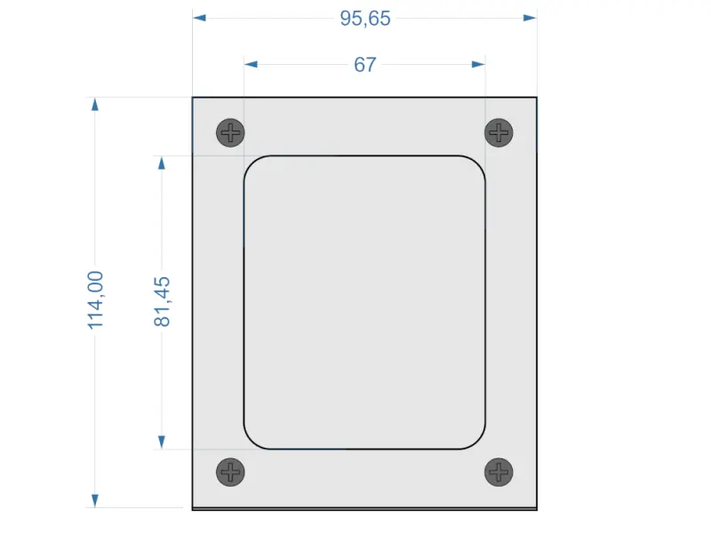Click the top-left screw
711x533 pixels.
[x=231, y=133]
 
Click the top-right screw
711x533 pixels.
[x=499, y=133]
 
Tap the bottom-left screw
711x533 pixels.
[x=231, y=472]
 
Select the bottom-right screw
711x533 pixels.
[x=499, y=472]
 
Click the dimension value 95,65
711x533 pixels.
[x=364, y=18]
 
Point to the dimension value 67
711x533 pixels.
[x=364, y=65]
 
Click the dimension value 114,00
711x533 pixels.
[x=96, y=300]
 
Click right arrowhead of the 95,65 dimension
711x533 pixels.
[x=531, y=17]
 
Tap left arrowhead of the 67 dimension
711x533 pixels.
[x=251, y=64]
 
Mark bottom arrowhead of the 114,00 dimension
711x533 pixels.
[x=95, y=501]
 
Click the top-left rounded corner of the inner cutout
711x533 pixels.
[x=251, y=163]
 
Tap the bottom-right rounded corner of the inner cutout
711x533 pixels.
[x=479, y=442]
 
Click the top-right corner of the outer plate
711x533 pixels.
[x=537, y=97]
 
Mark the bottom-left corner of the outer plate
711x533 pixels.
[x=193, y=509]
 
